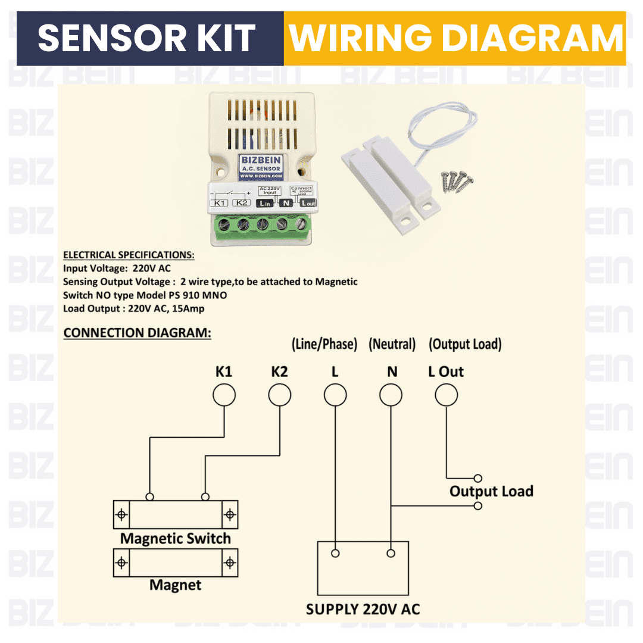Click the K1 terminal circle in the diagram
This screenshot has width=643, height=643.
pyautogui.click(x=224, y=395)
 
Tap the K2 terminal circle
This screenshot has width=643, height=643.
pyautogui.click(x=279, y=395)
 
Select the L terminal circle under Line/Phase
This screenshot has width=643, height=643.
pyautogui.click(x=335, y=395)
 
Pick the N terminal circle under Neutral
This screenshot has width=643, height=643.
pyautogui.click(x=391, y=395)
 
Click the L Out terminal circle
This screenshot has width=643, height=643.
pyautogui.click(x=446, y=395)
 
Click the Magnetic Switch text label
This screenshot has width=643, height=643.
pyautogui.click(x=176, y=539)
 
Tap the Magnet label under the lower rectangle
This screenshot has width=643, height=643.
pyautogui.click(x=176, y=585)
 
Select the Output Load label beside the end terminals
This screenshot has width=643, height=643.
pyautogui.click(x=491, y=492)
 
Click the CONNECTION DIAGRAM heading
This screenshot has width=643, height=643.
pyautogui.click(x=137, y=333)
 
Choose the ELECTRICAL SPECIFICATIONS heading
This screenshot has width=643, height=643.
pyautogui.click(x=129, y=255)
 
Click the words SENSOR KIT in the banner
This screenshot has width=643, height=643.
pyautogui.click(x=146, y=38)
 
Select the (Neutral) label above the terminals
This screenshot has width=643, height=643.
pyautogui.click(x=392, y=344)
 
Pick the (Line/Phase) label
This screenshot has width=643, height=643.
pyautogui.click(x=324, y=344)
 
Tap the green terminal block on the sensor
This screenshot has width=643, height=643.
pyautogui.click(x=262, y=225)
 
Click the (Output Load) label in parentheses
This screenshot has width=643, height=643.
pyautogui.click(x=465, y=344)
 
